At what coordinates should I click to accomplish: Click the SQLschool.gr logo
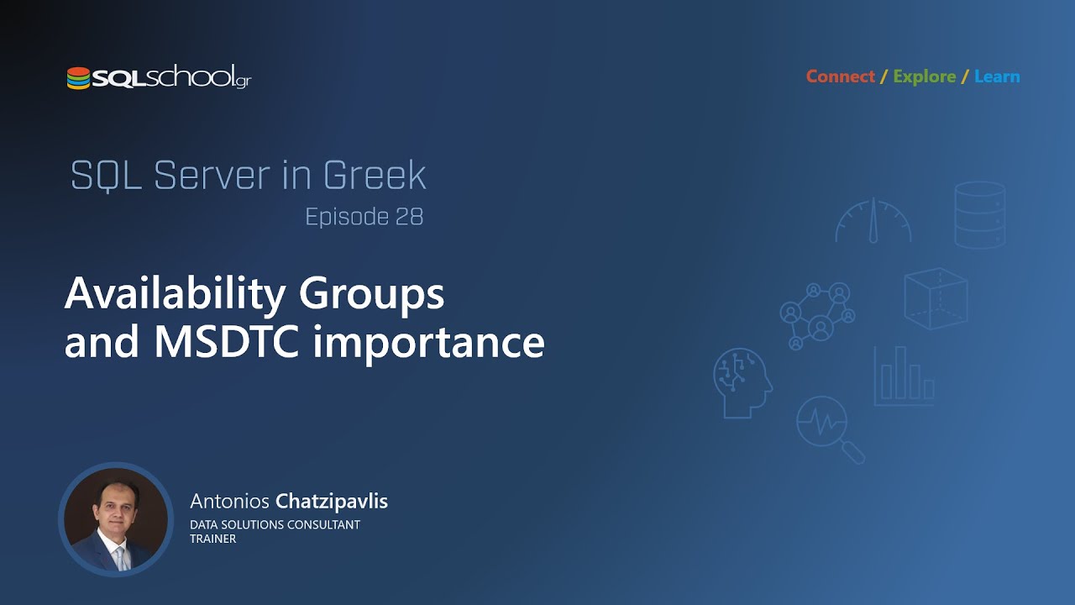point(159,78)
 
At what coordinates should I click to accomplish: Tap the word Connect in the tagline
point(840,76)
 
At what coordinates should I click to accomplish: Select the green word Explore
point(924,76)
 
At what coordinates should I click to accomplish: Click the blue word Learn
point(997,76)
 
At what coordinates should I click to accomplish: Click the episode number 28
point(408,217)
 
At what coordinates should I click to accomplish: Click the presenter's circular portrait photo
point(115,518)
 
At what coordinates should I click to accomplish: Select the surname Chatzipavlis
point(331,502)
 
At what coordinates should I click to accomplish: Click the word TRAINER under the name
point(212,539)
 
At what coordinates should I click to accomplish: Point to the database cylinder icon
point(979,215)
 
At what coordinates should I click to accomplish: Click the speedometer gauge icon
point(873,220)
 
